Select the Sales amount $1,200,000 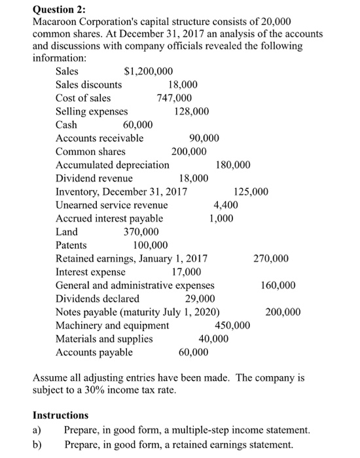pyautogui.click(x=149, y=71)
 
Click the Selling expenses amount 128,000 pyautogui.click(x=192, y=111)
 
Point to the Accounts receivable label pyautogui.click(x=99, y=138)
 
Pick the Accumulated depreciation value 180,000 pyautogui.click(x=232, y=165)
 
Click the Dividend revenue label pyautogui.click(x=94, y=178)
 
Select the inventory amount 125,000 pyautogui.click(x=251, y=192)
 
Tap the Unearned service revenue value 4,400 pyautogui.click(x=226, y=205)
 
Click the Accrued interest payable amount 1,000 pyautogui.click(x=221, y=219)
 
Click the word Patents pyautogui.click(x=72, y=245)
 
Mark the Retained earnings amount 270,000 pyautogui.click(x=270, y=258)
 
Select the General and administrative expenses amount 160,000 pyautogui.click(x=278, y=285)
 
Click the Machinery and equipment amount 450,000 pyautogui.click(x=232, y=325)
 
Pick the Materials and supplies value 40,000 pyautogui.click(x=214, y=339)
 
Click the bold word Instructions pyautogui.click(x=60, y=415)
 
